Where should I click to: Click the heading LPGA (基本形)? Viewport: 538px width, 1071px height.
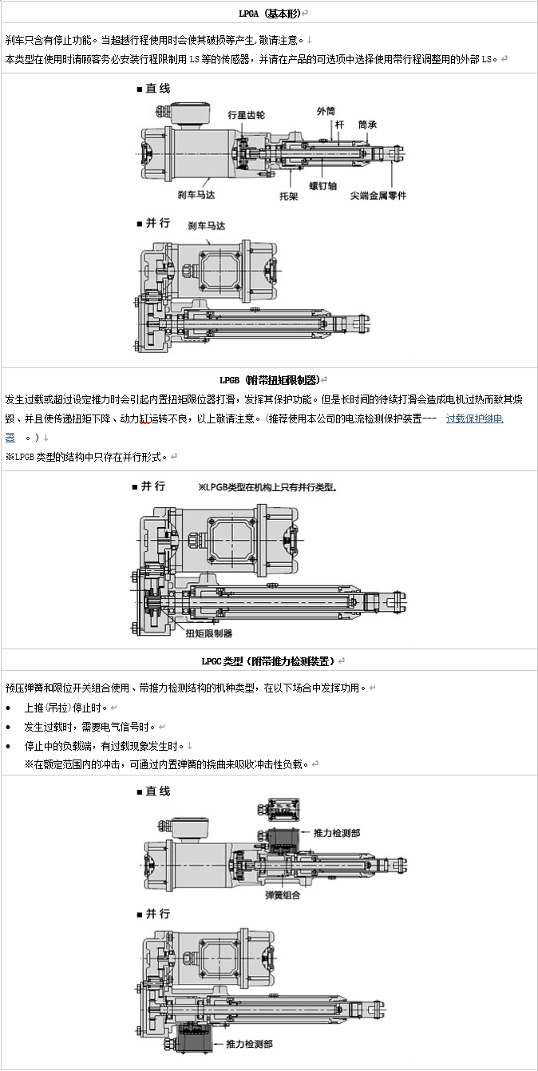[x=269, y=14]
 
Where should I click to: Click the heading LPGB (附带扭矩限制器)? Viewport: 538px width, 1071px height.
[x=269, y=379]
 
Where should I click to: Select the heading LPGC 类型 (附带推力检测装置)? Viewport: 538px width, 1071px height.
[x=269, y=660]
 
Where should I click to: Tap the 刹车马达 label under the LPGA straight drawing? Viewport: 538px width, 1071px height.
[x=196, y=194]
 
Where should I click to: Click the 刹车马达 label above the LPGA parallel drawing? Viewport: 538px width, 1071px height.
[x=207, y=227]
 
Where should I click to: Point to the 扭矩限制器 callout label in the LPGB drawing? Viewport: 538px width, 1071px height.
[x=209, y=633]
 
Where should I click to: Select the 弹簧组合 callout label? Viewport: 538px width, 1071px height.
[x=283, y=895]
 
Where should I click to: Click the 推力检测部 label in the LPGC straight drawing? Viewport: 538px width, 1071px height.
[x=337, y=832]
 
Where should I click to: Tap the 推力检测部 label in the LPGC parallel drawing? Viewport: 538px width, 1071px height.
[x=249, y=1043]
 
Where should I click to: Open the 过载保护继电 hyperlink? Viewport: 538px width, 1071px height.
[x=474, y=418]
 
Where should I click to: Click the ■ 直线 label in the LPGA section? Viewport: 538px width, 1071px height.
[x=153, y=89]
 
